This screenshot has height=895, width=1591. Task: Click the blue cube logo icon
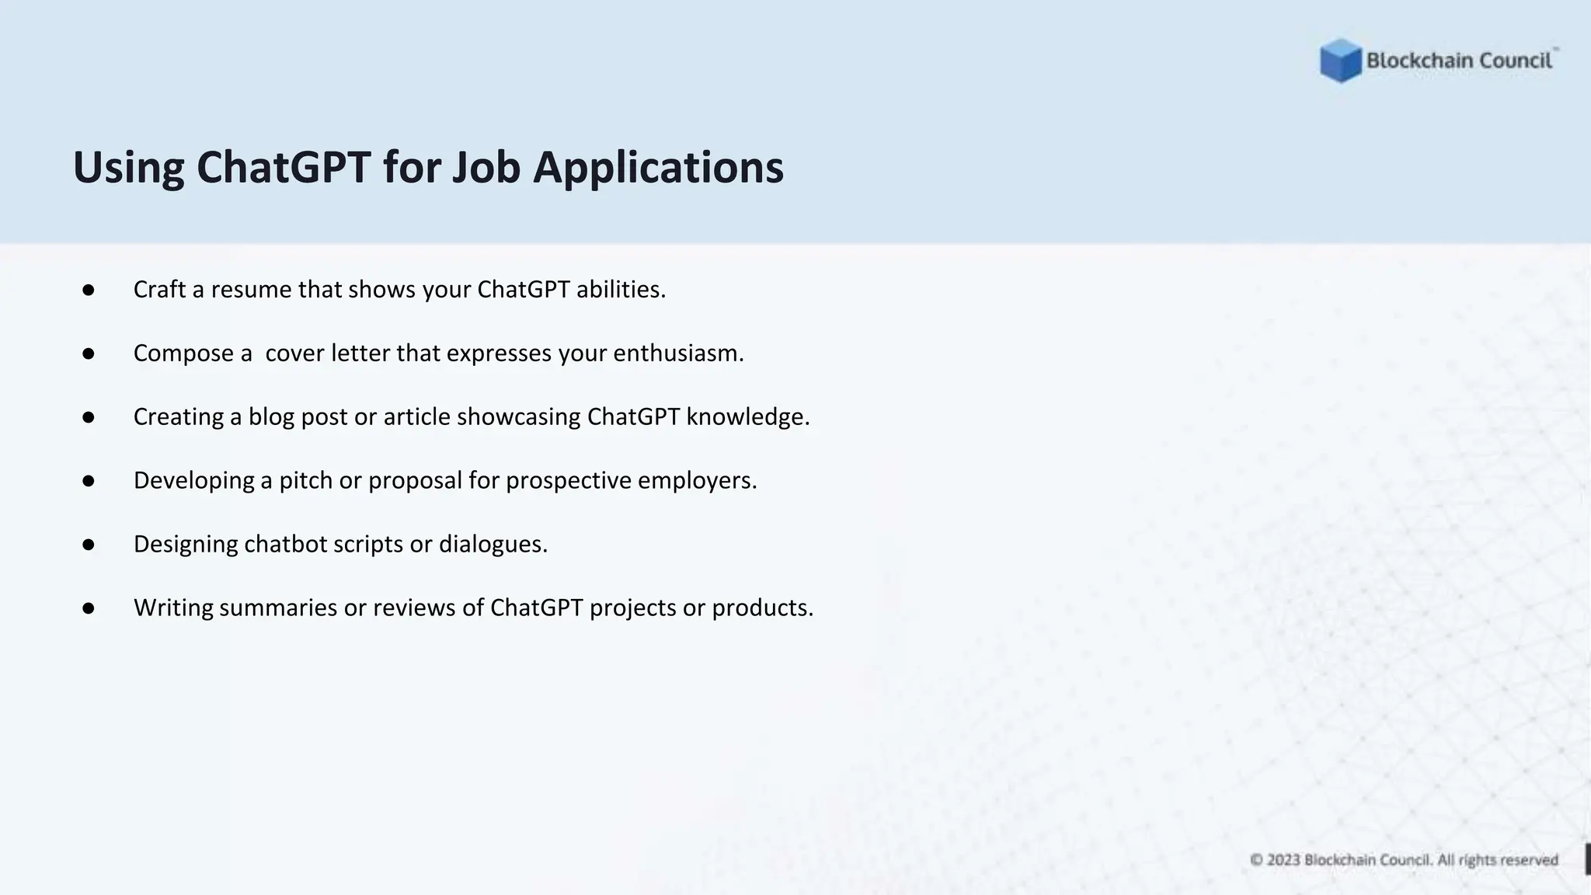[x=1340, y=61]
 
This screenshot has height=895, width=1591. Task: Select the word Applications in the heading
[x=658, y=169]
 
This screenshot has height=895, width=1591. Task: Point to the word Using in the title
[x=128, y=169]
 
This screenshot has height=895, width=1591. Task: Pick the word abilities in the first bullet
[x=620, y=290]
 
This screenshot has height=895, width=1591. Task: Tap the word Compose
[x=183, y=353]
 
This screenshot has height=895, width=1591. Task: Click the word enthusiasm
[x=677, y=353]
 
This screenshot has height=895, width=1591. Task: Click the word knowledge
[x=747, y=417]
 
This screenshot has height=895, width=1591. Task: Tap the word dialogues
[x=493, y=544]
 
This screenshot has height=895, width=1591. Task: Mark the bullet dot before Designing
[x=89, y=545]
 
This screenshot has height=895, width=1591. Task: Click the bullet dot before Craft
[x=89, y=291]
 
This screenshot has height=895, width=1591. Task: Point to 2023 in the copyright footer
[x=1283, y=860]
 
